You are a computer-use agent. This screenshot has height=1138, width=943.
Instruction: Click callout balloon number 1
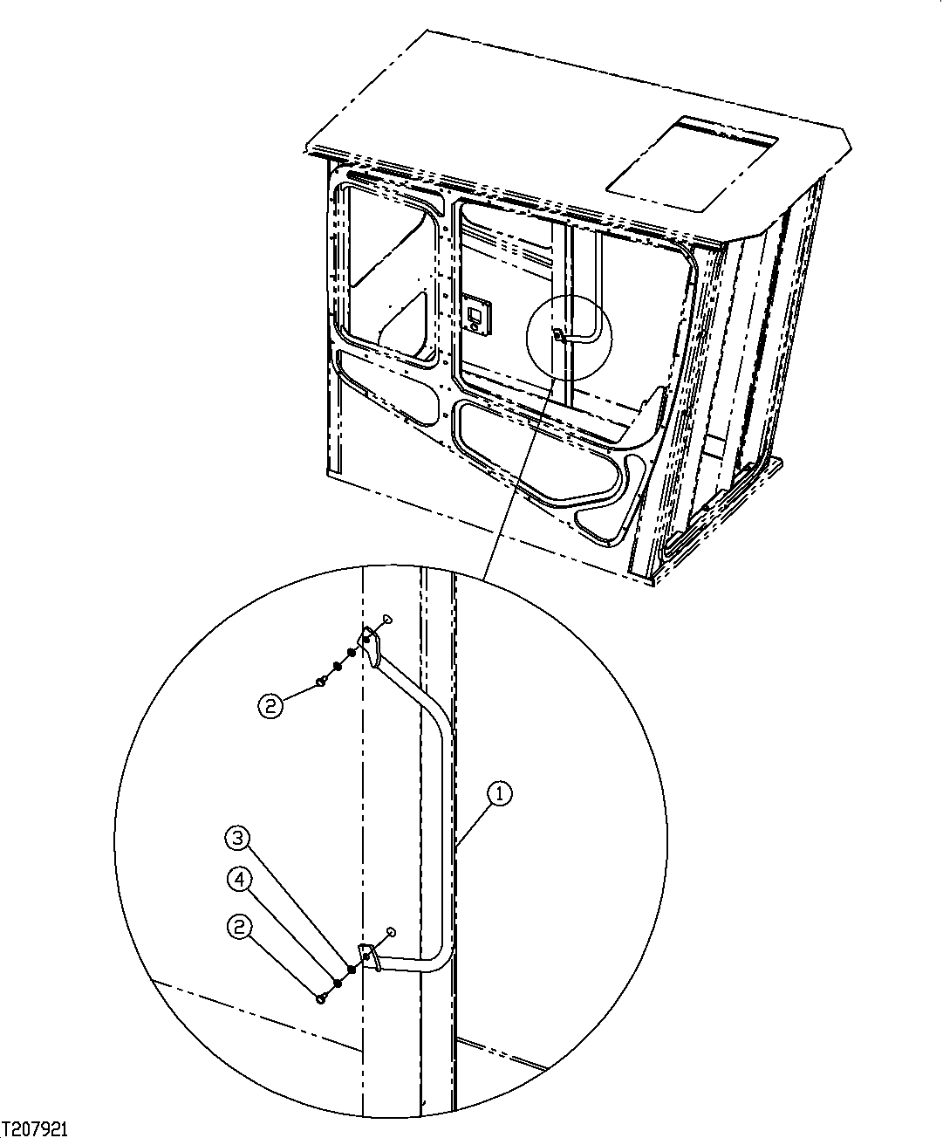point(500,793)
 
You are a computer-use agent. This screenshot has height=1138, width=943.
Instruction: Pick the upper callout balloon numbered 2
point(270,705)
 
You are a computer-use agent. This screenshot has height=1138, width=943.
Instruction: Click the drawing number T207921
point(35,1128)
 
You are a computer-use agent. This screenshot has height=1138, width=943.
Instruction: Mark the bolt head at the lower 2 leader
point(321,997)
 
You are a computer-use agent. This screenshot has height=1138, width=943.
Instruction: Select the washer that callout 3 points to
point(351,969)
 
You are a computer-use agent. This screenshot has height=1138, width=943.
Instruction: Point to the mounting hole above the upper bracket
point(386,619)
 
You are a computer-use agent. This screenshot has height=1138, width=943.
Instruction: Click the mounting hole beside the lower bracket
point(390,932)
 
